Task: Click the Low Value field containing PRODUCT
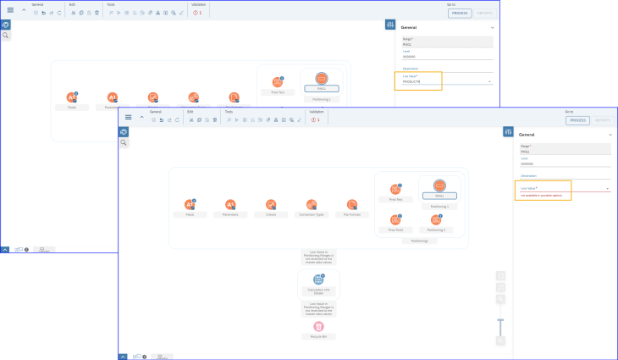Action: click(440, 81)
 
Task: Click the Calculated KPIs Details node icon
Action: click(318, 280)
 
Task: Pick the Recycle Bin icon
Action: click(318, 326)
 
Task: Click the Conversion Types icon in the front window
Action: click(312, 204)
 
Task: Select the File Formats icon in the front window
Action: click(352, 204)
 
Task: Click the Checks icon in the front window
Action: click(271, 204)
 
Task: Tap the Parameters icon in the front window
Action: click(229, 204)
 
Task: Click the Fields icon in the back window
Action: click(71, 98)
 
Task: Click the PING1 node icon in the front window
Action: click(439, 186)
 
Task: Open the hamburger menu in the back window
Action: click(10, 9)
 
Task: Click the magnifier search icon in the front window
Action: click(124, 142)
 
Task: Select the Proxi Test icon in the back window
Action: click(277, 82)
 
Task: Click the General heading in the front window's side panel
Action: click(527, 135)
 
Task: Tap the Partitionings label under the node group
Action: click(420, 241)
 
